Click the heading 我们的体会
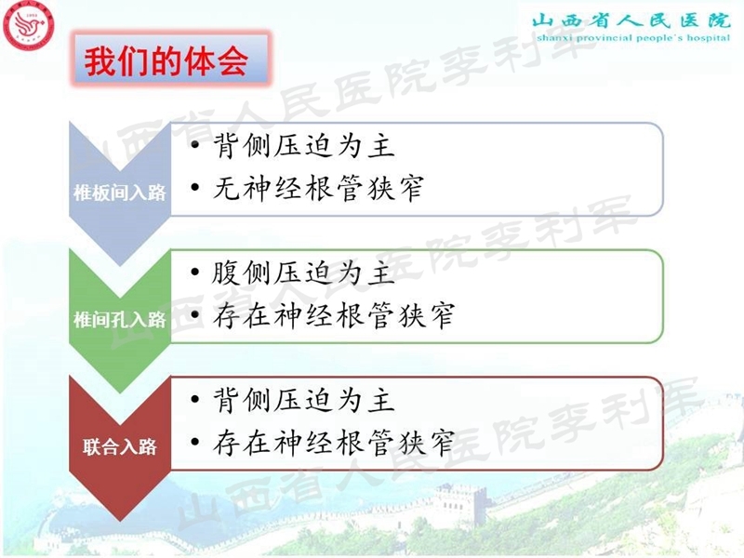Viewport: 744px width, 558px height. point(166,61)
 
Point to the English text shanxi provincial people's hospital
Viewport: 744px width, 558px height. point(631,42)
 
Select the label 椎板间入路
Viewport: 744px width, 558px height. point(119,193)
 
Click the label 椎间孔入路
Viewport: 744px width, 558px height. point(119,320)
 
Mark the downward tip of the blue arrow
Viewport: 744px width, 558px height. point(120,265)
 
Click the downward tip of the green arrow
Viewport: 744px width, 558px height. point(120,392)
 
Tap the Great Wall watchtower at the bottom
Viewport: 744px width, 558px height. point(456,502)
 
